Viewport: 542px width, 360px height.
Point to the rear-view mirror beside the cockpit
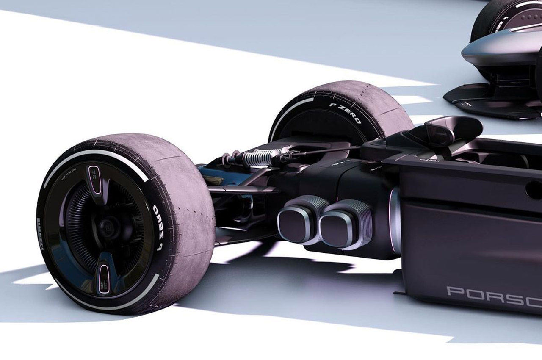(x=449, y=129)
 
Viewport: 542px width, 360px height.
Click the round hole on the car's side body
(x=534, y=190)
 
